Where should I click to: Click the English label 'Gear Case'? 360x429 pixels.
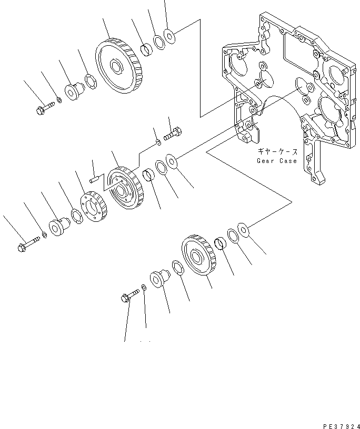(x=277, y=160)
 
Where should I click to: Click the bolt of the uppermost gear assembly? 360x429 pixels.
(x=45, y=109)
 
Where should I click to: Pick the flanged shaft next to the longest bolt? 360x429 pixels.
(x=57, y=227)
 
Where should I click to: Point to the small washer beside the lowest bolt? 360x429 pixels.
(x=144, y=288)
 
